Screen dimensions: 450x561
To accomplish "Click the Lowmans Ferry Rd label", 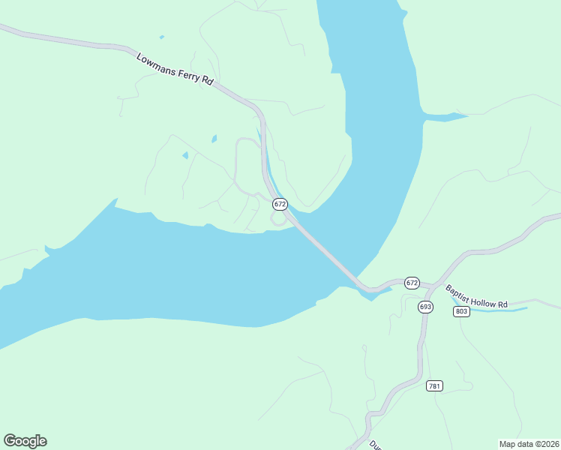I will [175, 68].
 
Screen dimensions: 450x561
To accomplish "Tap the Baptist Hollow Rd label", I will [476, 296].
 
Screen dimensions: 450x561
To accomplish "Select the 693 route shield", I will [425, 306].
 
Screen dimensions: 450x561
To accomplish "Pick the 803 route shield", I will [461, 311].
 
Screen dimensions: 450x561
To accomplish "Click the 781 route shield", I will [434, 385].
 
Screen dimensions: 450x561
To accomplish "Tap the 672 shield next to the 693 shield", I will [412, 283].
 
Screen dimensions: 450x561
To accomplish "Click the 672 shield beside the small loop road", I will [280, 204].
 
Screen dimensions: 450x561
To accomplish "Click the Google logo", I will [25, 441].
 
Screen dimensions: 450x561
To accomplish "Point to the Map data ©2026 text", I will [528, 443].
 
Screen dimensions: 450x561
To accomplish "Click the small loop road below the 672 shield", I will [278, 218].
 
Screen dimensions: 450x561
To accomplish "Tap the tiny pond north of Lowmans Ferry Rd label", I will [162, 37].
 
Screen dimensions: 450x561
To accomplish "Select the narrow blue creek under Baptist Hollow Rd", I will [495, 309].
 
